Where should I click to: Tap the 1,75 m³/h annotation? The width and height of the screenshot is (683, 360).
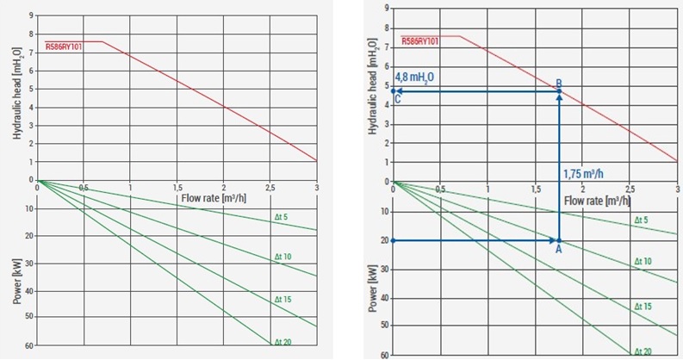(x=584, y=172)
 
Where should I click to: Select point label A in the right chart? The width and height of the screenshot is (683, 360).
(x=558, y=250)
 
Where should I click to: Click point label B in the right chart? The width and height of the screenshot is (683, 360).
(x=559, y=83)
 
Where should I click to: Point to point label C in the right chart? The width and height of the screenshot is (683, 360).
(x=397, y=99)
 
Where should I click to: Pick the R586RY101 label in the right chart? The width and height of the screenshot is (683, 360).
(x=419, y=41)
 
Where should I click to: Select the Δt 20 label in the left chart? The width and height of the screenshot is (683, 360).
(x=283, y=343)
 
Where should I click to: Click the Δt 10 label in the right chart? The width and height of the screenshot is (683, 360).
(x=643, y=260)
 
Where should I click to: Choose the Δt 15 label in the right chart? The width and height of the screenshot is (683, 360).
(x=643, y=306)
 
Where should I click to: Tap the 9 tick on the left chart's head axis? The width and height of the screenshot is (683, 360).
(x=31, y=16)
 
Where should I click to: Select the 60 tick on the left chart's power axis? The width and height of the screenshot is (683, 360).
(x=29, y=345)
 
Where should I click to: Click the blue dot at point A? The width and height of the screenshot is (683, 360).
(x=559, y=240)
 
